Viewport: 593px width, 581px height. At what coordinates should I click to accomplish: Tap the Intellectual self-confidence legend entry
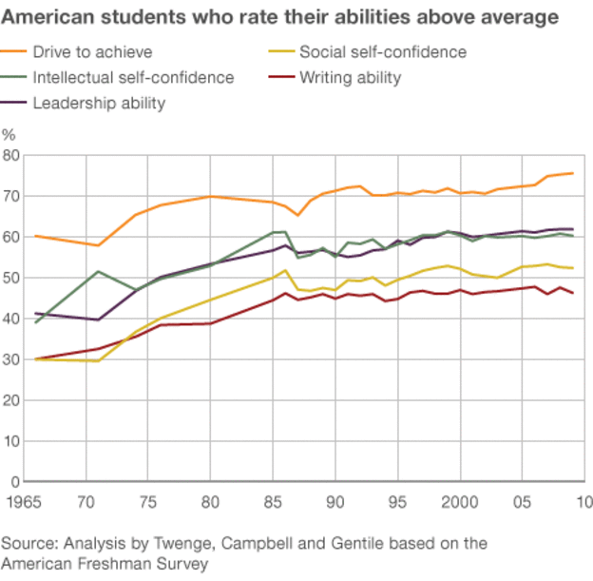[133, 78]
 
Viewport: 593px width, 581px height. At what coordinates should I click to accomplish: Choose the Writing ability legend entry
[350, 78]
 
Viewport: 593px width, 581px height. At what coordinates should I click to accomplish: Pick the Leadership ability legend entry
[99, 103]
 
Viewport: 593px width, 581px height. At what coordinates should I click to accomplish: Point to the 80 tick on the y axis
[11, 155]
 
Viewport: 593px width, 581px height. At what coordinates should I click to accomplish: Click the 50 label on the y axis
[11, 278]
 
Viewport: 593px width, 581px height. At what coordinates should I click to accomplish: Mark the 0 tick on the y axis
[15, 482]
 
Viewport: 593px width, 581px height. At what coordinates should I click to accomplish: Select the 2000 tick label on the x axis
[460, 501]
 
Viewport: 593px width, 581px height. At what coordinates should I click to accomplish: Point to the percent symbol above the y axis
[9, 134]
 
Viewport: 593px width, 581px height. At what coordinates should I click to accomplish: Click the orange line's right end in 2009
[573, 173]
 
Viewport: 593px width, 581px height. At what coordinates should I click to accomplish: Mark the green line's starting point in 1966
[36, 323]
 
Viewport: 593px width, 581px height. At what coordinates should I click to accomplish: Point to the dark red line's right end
[573, 293]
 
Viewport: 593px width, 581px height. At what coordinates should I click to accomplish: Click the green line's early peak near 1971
[98, 272]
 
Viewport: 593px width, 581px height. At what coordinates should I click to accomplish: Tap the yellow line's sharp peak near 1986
[285, 270]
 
